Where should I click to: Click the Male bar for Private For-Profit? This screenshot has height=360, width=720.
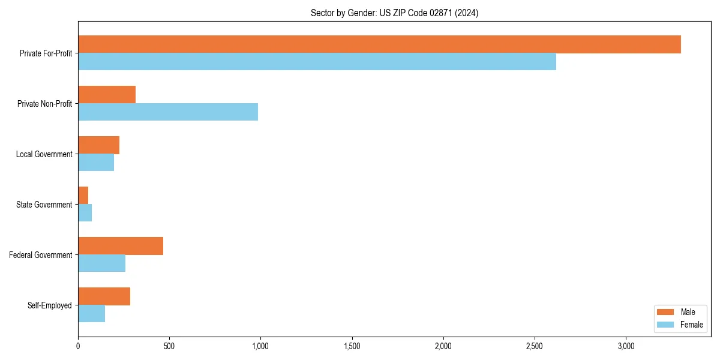[379, 44]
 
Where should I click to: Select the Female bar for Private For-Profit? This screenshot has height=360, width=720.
[317, 62]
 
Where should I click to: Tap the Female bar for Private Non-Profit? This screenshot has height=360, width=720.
[168, 112]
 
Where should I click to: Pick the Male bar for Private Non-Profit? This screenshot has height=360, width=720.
[107, 95]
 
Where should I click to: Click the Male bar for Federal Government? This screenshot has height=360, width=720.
[121, 246]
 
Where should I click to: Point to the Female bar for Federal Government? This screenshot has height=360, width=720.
[101, 263]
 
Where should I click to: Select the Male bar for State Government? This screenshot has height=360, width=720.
[83, 196]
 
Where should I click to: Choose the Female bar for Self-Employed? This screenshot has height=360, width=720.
[91, 314]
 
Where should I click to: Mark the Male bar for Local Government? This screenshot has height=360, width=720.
[98, 145]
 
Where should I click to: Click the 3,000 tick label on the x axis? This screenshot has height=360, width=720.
[626, 346]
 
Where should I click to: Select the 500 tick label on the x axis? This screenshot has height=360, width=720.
[169, 346]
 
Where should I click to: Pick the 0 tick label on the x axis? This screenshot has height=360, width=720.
[78, 346]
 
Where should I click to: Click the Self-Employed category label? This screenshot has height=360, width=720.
[49, 305]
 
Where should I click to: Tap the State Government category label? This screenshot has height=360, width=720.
[44, 205]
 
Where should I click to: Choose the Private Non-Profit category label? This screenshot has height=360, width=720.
[44, 104]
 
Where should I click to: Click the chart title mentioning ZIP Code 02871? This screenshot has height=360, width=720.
[394, 13]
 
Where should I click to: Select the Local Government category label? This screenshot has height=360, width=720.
[44, 154]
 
